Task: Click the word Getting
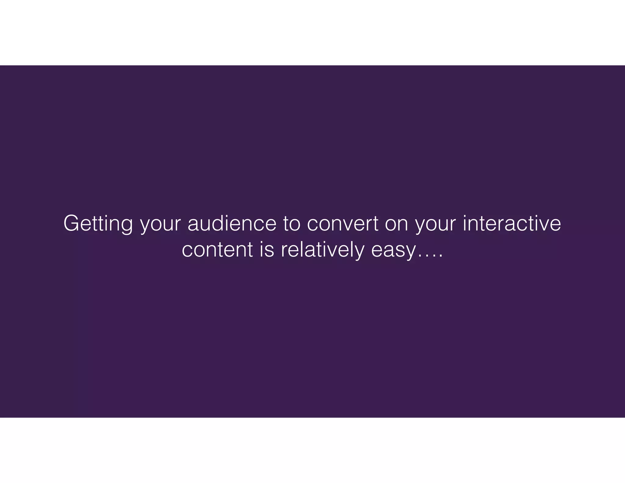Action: click(x=98, y=224)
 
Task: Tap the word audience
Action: click(x=232, y=223)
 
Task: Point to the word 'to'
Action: click(x=291, y=223)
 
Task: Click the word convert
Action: click(x=342, y=223)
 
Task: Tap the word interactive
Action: click(x=512, y=223)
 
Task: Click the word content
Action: click(x=217, y=250)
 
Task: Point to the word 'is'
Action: click(x=267, y=250)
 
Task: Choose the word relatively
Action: click(x=323, y=250)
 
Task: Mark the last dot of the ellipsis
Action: click(x=440, y=257)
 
